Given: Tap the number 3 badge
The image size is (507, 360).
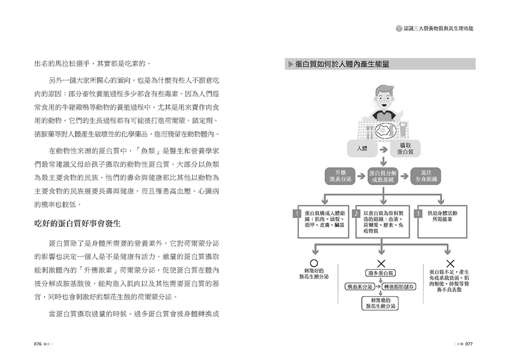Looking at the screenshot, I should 418,213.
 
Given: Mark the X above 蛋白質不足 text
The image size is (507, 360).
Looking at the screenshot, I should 450,264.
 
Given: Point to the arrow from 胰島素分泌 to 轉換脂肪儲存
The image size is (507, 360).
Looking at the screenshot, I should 380,286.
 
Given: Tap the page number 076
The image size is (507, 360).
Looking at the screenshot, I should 37,343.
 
